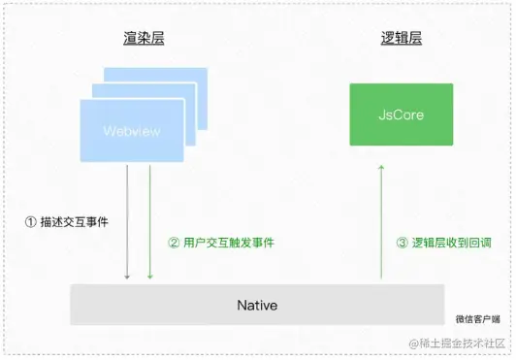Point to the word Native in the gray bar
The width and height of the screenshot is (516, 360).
point(257,306)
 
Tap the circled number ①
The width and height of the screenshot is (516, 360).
point(30,221)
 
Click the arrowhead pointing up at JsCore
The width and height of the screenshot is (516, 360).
point(381,167)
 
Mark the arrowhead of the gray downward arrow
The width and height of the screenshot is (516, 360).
point(127,278)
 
